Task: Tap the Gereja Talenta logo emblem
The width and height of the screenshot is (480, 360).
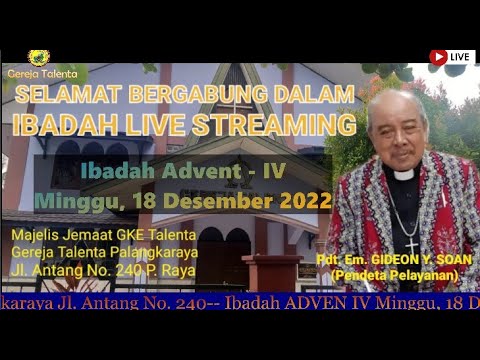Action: coord(40,58)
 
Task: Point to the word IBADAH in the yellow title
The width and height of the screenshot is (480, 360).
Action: coord(54,126)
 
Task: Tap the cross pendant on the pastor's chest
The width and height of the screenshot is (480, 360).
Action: coord(410,243)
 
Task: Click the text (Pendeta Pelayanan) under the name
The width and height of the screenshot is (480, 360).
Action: coord(396,273)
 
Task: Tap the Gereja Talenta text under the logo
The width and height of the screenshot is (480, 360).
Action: coord(42,73)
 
